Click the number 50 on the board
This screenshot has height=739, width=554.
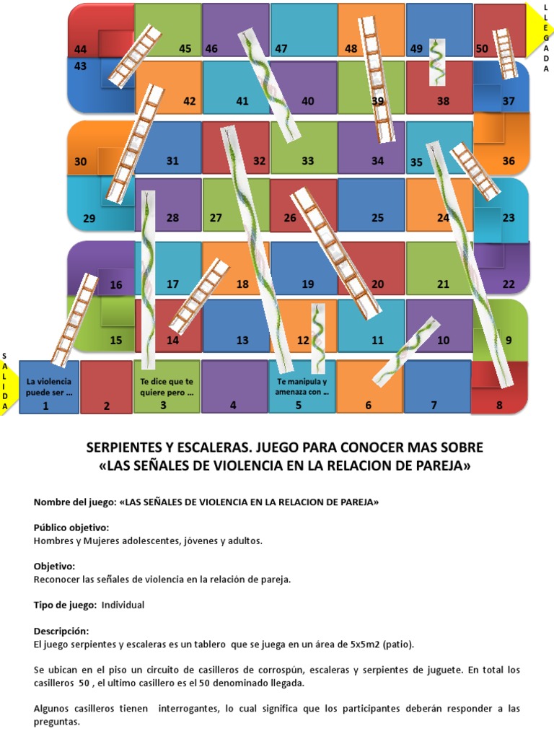[x=482, y=49]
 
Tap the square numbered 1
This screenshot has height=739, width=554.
[x=49, y=388]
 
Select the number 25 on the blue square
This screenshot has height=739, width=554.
[x=377, y=217]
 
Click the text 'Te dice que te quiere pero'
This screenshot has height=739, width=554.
[x=167, y=388]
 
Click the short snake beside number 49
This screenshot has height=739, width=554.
[x=436, y=61]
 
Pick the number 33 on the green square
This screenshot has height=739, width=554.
[x=308, y=161]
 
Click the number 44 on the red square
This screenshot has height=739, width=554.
[x=81, y=49]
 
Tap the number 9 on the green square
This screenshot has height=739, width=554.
[x=509, y=340]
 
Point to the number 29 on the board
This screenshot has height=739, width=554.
[x=89, y=217]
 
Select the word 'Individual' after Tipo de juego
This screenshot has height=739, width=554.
[x=123, y=605]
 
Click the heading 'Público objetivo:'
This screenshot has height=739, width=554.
[x=71, y=528]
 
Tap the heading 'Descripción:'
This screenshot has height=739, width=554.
[x=61, y=630]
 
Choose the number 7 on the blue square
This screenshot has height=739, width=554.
[x=434, y=406]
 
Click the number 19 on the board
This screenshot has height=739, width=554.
[x=308, y=284]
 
